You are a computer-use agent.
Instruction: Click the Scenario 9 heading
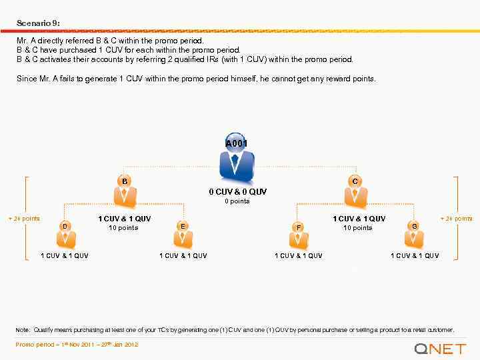click(x=38, y=23)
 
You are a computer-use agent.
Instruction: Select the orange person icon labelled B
click(x=125, y=191)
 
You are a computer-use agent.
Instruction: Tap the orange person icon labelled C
click(x=355, y=191)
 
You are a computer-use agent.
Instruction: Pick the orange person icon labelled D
click(x=65, y=235)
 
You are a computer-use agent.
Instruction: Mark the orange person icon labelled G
click(x=415, y=235)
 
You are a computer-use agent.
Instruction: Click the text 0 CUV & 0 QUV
click(x=237, y=192)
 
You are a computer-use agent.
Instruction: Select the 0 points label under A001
click(x=237, y=201)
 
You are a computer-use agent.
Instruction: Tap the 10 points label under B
click(x=123, y=228)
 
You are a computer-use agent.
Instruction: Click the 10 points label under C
click(x=358, y=228)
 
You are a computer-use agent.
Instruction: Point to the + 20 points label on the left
click(x=24, y=219)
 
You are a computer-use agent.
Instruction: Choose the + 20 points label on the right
click(x=457, y=219)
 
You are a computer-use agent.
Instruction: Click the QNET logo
click(x=439, y=348)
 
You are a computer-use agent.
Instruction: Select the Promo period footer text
click(x=77, y=345)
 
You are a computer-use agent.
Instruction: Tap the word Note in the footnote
click(x=23, y=330)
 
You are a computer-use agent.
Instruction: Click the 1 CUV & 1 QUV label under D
click(x=65, y=255)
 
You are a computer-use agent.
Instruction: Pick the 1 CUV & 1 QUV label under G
click(x=415, y=255)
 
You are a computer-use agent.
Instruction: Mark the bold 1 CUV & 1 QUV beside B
click(x=125, y=219)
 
